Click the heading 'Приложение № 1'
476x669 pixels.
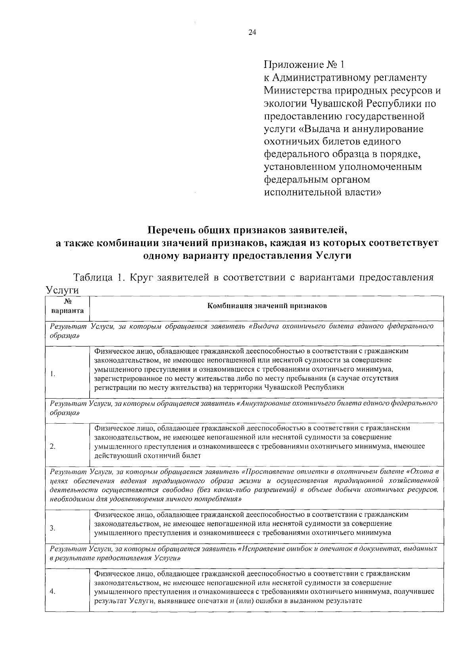point(305,64)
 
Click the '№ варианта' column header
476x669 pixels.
point(67,307)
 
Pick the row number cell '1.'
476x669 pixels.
point(52,374)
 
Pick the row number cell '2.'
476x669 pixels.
point(53,446)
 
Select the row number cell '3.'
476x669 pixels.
point(53,528)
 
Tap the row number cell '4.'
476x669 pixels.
point(53,592)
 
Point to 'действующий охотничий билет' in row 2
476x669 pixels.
point(148,455)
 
